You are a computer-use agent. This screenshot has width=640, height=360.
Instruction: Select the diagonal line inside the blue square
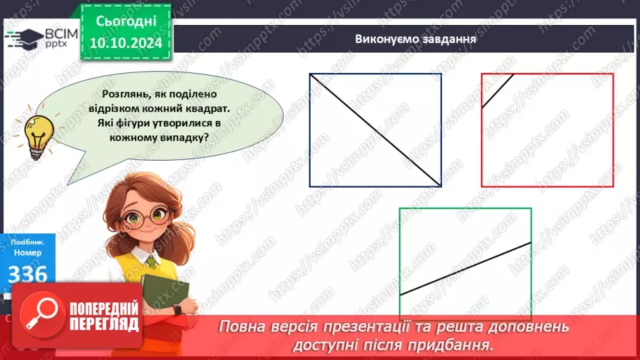pos(375,130)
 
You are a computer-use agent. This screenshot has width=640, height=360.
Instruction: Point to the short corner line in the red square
pos(498,90)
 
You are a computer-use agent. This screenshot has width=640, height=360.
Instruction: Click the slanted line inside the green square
pos(466,268)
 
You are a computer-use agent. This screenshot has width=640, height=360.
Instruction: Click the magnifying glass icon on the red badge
pos(40,315)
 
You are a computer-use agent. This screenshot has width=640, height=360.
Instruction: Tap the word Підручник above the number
pos(26,241)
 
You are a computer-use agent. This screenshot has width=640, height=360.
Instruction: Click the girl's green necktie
pos(152,263)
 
